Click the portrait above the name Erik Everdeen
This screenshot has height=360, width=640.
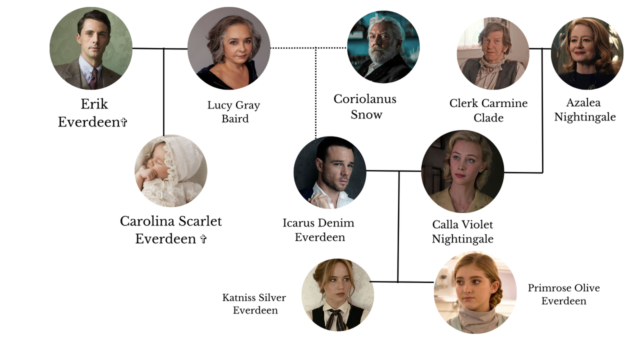click(91, 48)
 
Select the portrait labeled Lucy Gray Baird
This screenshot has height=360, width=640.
click(229, 48)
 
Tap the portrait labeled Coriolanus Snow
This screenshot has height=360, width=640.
click(383, 47)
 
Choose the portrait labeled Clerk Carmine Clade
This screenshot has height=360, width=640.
click(493, 53)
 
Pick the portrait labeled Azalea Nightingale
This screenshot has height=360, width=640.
click(587, 53)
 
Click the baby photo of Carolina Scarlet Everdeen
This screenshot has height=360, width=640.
click(171, 171)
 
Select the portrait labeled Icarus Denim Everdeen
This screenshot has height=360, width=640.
click(330, 172)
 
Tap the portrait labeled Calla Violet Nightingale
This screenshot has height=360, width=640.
click(462, 171)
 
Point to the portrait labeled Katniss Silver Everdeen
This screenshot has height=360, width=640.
click(337, 295)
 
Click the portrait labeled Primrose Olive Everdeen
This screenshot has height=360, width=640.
click(475, 292)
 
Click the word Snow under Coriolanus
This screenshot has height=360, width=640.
click(366, 114)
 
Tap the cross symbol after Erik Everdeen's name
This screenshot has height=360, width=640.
click(124, 122)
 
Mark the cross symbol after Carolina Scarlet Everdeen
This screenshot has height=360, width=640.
click(203, 239)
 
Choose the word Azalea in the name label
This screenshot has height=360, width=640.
click(583, 102)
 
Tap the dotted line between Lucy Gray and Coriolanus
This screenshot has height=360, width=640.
click(308, 48)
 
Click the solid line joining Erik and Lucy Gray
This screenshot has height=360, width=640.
click(160, 48)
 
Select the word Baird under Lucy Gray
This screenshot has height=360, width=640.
click(235, 118)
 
